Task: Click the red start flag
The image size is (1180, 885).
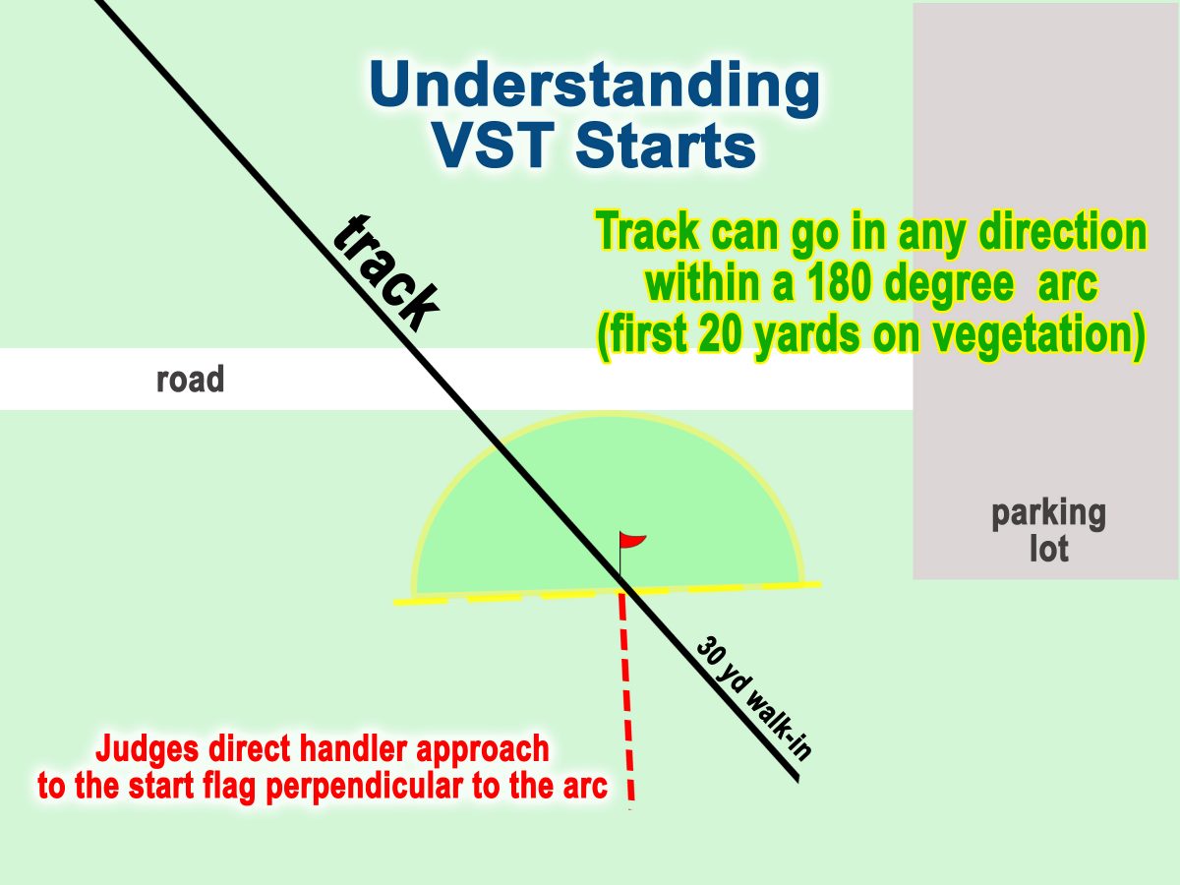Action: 632,541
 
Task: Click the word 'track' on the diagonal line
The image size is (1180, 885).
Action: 384,274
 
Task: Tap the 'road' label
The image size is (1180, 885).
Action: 190,380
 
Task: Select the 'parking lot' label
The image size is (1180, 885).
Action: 1048,530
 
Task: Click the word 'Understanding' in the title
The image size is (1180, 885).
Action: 594,87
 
